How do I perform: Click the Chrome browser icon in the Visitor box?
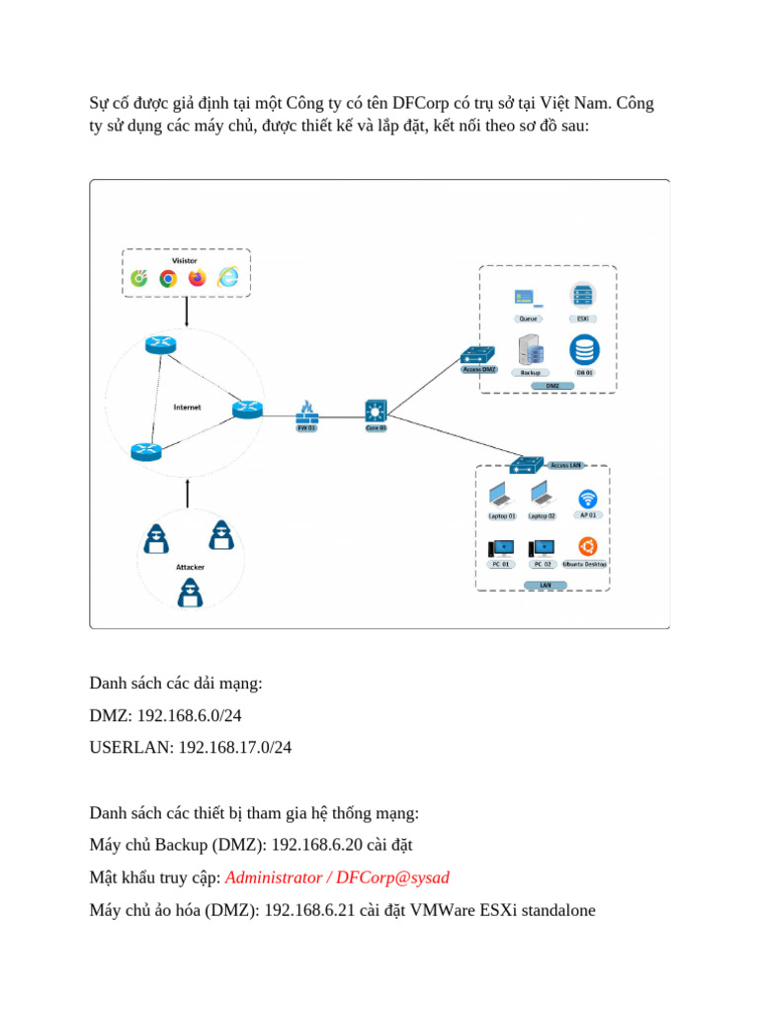pos(168,278)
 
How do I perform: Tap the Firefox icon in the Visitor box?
pos(197,278)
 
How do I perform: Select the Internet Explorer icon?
pos(228,278)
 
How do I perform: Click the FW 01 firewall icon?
pos(306,409)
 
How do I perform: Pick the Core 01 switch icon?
pos(377,410)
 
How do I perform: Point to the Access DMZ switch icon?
pos(479,355)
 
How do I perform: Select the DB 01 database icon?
pos(584,350)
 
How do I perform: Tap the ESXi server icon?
pos(582,296)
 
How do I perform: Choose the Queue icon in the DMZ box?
pos(527,297)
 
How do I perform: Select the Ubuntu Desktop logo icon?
pos(587,546)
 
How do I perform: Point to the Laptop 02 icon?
pos(541,495)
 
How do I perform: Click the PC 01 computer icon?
pos(501,548)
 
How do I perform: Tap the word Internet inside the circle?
pos(187,407)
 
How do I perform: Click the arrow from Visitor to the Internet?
pos(187,312)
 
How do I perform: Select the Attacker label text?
pos(190,567)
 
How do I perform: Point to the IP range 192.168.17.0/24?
pos(235,748)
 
